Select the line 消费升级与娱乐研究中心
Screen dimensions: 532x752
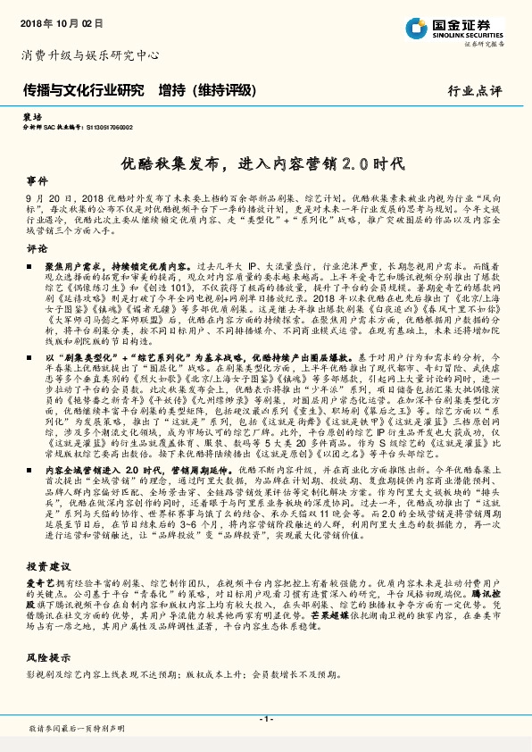click(x=89, y=55)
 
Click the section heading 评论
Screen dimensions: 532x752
click(x=37, y=247)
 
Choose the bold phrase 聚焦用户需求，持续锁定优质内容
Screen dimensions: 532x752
click(x=116, y=266)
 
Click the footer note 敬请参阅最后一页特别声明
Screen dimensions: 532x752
click(x=76, y=729)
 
